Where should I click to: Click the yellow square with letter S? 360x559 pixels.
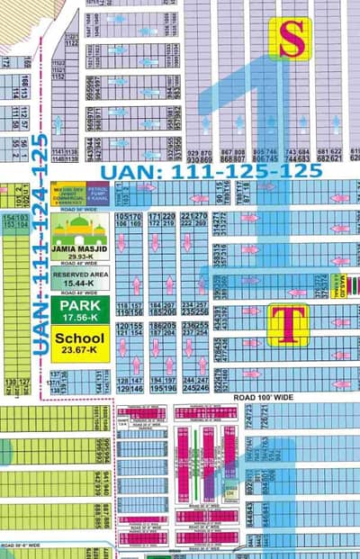click(290, 39)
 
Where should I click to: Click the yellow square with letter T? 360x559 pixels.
click(288, 324)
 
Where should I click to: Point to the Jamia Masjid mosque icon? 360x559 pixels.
click(80, 225)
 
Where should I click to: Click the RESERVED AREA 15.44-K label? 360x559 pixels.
click(80, 276)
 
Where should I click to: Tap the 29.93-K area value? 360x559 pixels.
click(80, 255)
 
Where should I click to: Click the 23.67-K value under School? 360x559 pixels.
click(80, 351)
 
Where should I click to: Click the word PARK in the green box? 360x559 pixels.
click(80, 304)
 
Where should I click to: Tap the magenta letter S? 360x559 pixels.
click(290, 39)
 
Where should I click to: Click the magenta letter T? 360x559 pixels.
click(288, 324)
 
